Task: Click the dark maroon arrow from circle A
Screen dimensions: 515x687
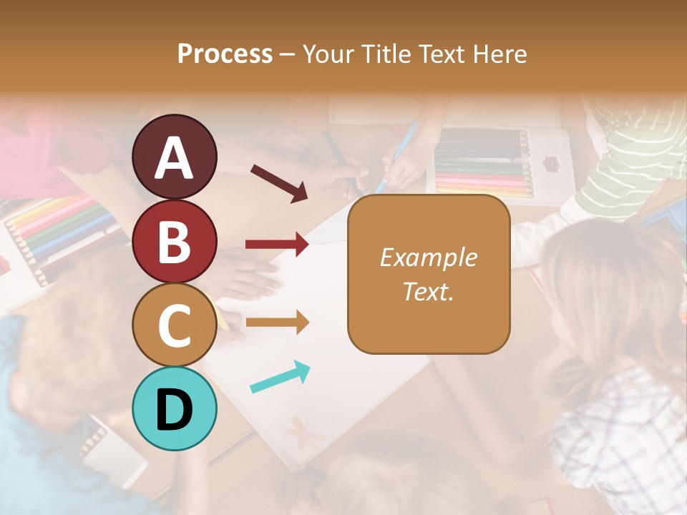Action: coord(279,182)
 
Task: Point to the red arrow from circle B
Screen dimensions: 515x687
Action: coord(277,245)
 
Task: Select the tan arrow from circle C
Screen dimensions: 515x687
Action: coord(277,323)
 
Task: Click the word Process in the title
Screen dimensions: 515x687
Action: coord(225,54)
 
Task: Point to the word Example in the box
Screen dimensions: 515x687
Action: coord(428,257)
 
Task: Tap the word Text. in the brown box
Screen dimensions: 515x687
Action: coord(428,291)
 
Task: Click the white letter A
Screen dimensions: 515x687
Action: coord(174,157)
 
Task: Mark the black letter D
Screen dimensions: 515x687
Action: coord(174,409)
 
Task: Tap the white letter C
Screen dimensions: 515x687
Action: coord(174,325)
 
